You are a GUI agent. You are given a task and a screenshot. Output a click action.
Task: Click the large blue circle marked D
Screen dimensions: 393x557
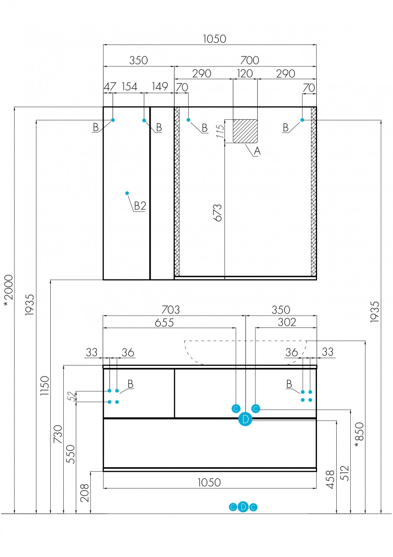pyautogui.click(x=245, y=419)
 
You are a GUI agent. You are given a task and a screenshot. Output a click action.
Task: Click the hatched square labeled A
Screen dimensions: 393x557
pyautogui.click(x=245, y=131)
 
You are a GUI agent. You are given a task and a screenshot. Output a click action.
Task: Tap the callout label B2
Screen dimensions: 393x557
pyautogui.click(x=140, y=206)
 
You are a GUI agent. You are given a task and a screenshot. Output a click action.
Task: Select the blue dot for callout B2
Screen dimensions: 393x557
pyautogui.click(x=127, y=193)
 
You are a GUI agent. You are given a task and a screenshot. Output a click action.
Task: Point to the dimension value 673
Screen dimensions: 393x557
pyautogui.click(x=217, y=212)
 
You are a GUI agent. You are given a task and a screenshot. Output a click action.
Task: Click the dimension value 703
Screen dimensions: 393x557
pyautogui.click(x=170, y=310)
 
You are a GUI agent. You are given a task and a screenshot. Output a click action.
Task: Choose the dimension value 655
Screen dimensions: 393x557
pyautogui.click(x=164, y=323)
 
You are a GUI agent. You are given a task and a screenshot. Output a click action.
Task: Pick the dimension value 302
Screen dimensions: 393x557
pyautogui.click(x=287, y=322)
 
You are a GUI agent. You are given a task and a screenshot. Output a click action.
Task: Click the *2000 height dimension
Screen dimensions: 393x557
pyautogui.click(x=8, y=290)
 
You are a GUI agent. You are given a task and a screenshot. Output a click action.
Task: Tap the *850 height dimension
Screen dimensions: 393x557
pyautogui.click(x=359, y=435)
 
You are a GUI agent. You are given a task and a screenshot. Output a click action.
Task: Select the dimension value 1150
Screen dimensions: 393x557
pyautogui.click(x=45, y=386)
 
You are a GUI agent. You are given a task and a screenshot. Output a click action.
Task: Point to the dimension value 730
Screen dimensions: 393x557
pyautogui.click(x=58, y=434)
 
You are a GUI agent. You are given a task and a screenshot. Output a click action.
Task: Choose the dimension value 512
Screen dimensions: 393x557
pyautogui.click(x=345, y=473)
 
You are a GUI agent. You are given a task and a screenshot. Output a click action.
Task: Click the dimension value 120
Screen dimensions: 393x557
pyautogui.click(x=245, y=73)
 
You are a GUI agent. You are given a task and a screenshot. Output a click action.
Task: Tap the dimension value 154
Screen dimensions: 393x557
pyautogui.click(x=130, y=87)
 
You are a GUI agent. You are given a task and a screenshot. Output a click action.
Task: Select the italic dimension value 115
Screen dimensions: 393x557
pyautogui.click(x=221, y=131)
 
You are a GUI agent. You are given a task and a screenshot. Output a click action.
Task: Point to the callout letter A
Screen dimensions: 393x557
pyautogui.click(x=257, y=151)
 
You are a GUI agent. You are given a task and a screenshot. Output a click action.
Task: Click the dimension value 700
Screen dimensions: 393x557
pyautogui.click(x=250, y=60)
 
